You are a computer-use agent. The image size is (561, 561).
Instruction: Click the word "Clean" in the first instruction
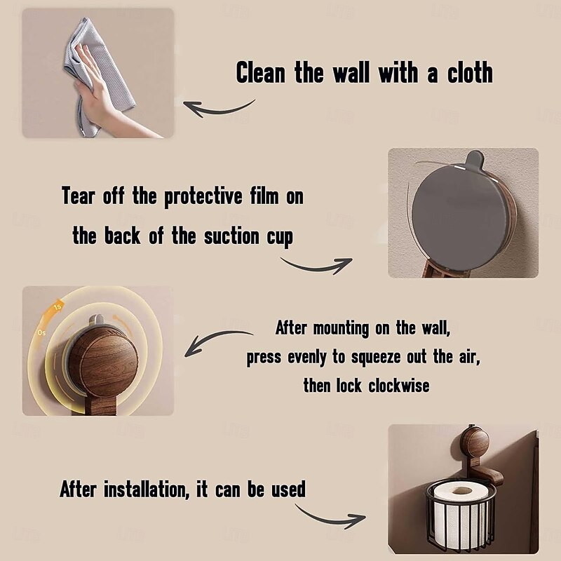(261, 72)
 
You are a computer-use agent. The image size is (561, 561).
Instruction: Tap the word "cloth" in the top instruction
(470, 72)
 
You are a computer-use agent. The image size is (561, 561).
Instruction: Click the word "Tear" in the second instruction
(79, 196)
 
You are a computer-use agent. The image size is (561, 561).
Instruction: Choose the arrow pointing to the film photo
(317, 266)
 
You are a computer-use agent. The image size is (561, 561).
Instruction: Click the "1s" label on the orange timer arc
(58, 307)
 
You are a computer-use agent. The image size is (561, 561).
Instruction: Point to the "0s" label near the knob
(41, 332)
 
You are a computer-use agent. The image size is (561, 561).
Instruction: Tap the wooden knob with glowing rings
(102, 362)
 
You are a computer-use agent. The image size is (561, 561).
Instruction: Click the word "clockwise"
(398, 386)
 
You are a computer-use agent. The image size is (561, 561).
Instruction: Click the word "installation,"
(147, 489)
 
